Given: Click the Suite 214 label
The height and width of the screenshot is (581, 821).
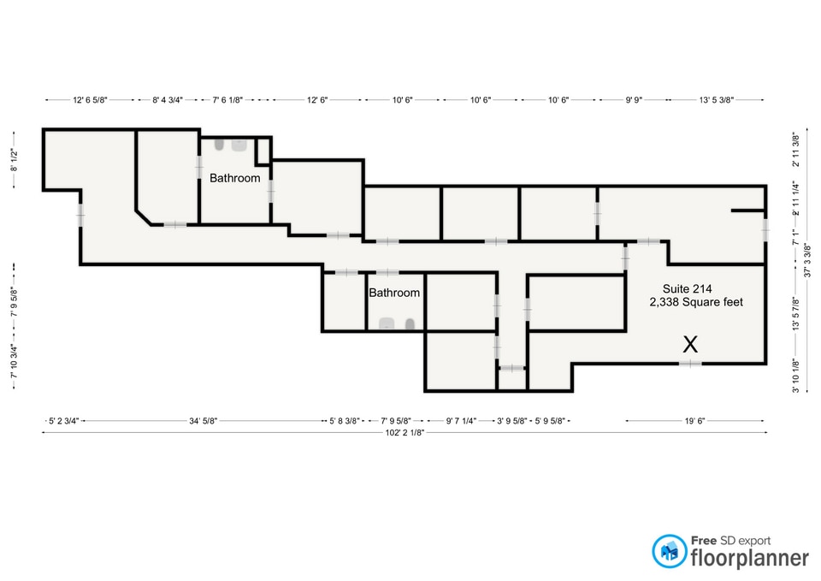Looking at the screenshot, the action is [687, 288].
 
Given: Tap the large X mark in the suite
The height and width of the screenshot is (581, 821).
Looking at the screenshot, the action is [690, 345].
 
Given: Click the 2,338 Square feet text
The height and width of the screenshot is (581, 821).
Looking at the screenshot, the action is [696, 302].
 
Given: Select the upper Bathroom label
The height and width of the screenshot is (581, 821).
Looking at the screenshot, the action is [234, 178].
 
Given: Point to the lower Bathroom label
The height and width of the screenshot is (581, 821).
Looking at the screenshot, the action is [394, 293].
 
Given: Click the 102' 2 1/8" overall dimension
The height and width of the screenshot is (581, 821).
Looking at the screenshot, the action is [405, 433].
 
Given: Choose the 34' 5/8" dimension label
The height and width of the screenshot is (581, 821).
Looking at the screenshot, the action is [204, 421].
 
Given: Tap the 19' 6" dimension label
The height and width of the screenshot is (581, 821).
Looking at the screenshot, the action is [694, 421].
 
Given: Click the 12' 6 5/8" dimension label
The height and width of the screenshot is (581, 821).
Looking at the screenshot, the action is [90, 99].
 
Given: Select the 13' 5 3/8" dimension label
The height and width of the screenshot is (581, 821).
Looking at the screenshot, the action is [717, 99].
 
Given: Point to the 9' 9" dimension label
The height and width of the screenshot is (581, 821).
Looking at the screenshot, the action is [634, 99].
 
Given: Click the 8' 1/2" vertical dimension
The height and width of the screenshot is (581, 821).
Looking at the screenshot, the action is [15, 160].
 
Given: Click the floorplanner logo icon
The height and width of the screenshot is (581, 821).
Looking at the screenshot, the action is [669, 551].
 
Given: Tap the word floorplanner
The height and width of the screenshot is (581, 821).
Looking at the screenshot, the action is [750, 558].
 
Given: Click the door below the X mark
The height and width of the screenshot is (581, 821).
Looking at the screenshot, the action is [690, 364].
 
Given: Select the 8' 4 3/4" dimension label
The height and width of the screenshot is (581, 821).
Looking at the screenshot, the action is [168, 99].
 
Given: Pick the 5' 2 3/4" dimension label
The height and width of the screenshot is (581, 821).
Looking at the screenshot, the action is [64, 421].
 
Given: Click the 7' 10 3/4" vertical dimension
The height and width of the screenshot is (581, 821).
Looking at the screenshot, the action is [15, 361].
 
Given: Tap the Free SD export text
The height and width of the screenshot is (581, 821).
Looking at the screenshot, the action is [731, 540].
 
